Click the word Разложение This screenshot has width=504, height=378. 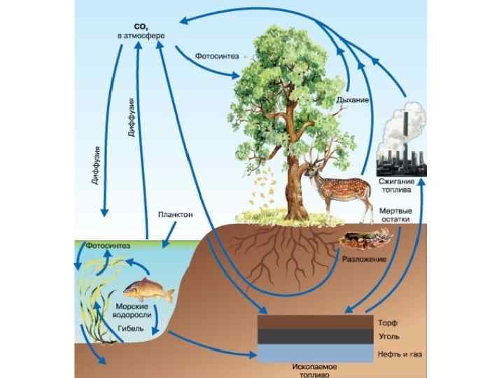coord(364,259)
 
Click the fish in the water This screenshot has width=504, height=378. coord(148,288)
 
